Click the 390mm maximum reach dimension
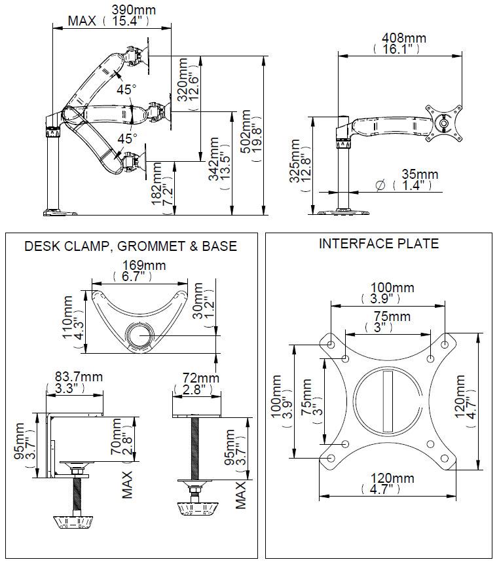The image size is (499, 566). tap(134, 9)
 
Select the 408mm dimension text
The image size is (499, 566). tap(404, 37)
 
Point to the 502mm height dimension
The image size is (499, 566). tap(246, 132)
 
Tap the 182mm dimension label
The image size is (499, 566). tap(157, 183)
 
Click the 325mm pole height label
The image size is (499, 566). tap(295, 160)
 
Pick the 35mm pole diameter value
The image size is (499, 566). tap(420, 174)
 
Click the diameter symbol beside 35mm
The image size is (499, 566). tap(380, 185)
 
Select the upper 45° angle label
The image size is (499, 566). tap(126, 89)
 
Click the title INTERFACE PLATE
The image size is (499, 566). tap(379, 243)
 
